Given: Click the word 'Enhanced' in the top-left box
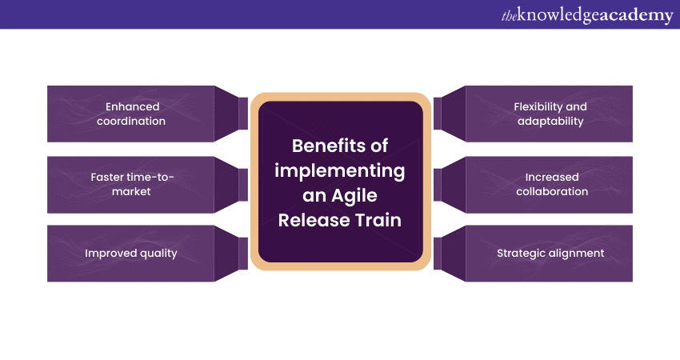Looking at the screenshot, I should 133,106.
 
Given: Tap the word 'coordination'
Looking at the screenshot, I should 133,122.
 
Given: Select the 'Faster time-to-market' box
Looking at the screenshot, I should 133,184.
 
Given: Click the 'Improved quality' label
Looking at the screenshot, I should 131,254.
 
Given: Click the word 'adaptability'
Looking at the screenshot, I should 550,122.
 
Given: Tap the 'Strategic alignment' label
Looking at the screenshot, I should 550,254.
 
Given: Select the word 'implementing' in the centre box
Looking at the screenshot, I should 340,170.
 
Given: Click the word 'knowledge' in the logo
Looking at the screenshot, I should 559,15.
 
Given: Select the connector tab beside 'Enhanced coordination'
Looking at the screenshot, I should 243,114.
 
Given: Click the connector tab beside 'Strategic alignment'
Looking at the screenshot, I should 438,254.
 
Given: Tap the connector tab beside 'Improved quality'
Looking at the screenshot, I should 243,254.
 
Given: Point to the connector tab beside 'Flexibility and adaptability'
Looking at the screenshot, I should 438,114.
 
